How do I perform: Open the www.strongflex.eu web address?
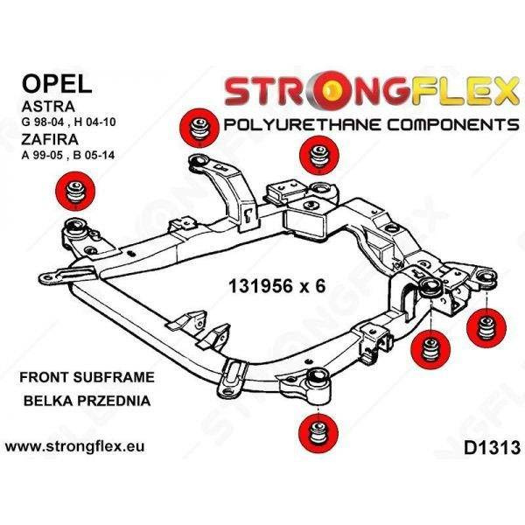click(x=75, y=447)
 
